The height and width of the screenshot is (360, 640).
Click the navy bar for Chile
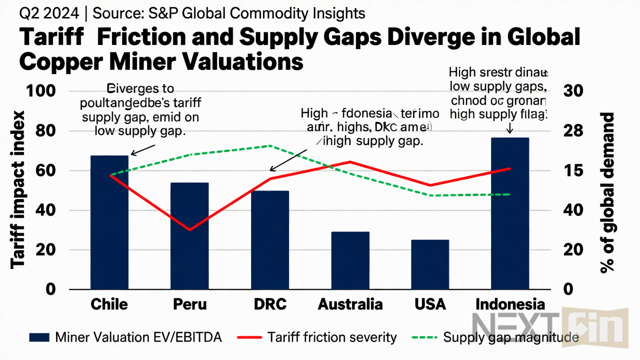pyautogui.click(x=109, y=222)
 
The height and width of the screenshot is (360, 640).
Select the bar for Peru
pyautogui.click(x=189, y=236)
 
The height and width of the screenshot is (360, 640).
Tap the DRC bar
pyautogui.click(x=269, y=240)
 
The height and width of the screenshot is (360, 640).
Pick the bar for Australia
pyautogui.click(x=350, y=260)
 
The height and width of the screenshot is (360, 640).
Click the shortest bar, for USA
pyautogui.click(x=430, y=264)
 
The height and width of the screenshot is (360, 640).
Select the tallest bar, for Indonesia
pyautogui.click(x=510, y=213)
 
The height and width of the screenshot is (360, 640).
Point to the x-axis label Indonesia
pyautogui.click(x=510, y=304)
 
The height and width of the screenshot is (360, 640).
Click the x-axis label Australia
pyautogui.click(x=350, y=304)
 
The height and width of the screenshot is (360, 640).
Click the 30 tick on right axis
pyautogui.click(x=573, y=91)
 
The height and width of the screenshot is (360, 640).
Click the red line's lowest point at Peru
pyautogui.click(x=189, y=230)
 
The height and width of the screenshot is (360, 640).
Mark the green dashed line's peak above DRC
pyautogui.click(x=269, y=146)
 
